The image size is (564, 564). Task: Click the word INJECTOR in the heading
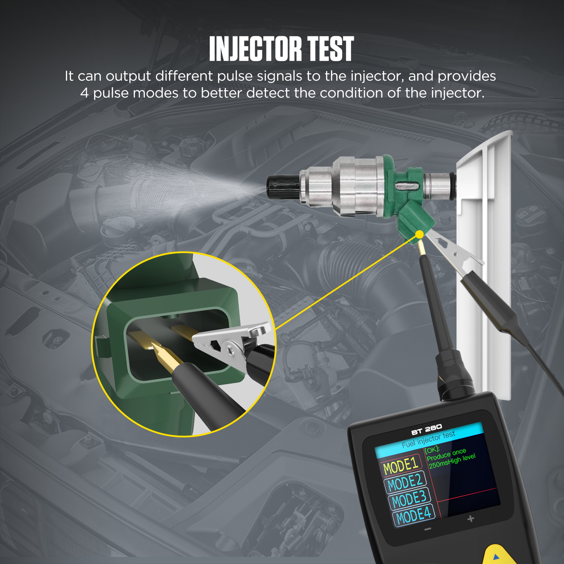[255, 49]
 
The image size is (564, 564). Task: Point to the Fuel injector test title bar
[429, 439]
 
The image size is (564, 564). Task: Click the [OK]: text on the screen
[432, 450]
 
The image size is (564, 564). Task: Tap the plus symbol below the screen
[471, 519]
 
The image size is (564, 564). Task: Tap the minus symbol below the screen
[428, 529]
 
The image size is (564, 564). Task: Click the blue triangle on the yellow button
[496, 557]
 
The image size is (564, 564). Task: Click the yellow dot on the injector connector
[419, 234]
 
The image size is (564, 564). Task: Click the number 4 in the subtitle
[84, 93]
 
